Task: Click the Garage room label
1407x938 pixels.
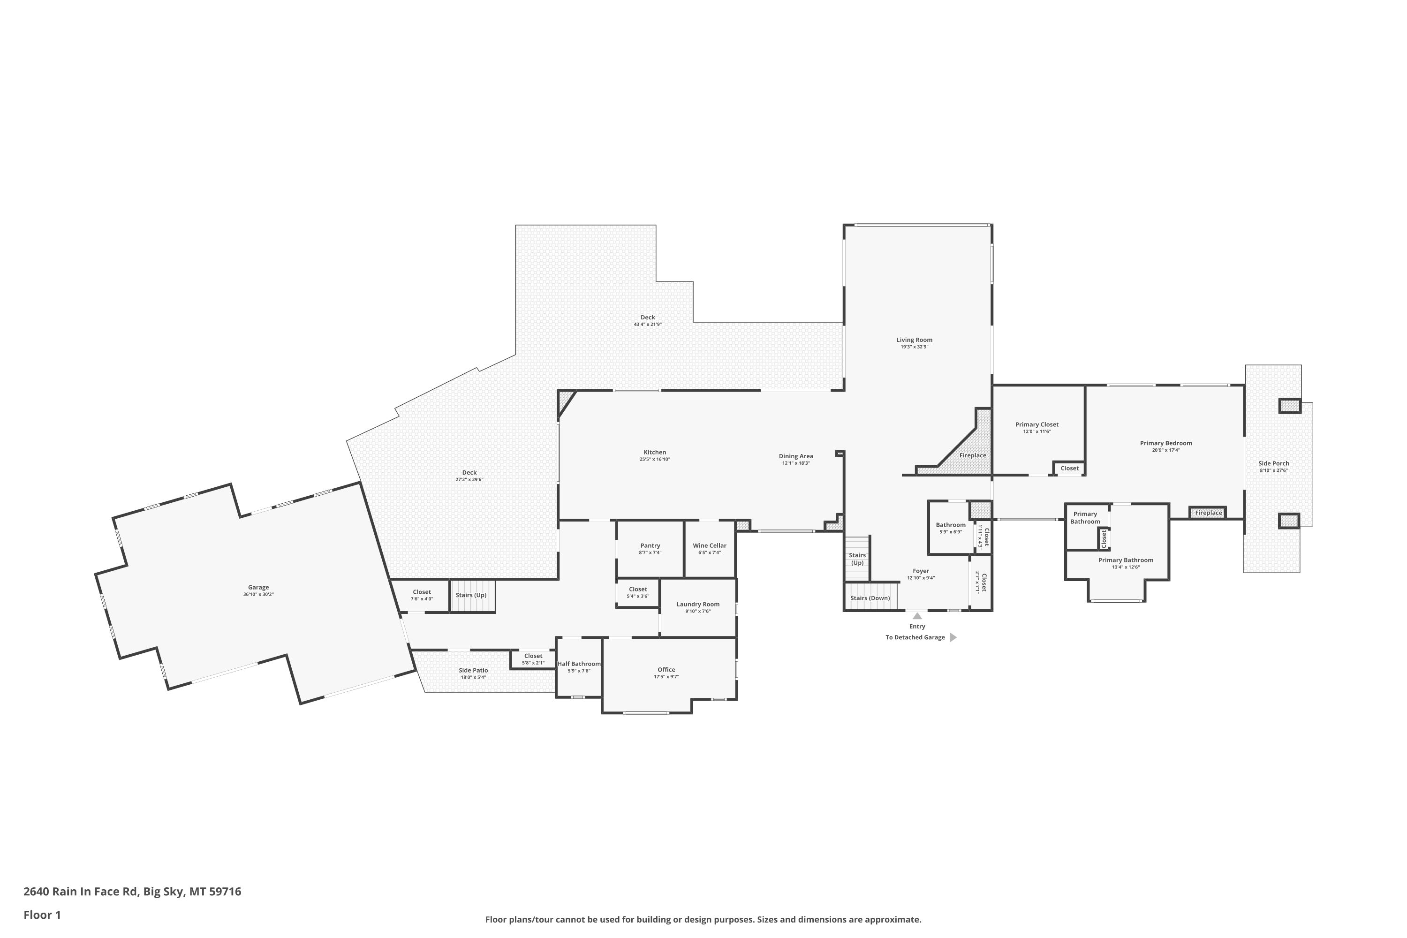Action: (258, 588)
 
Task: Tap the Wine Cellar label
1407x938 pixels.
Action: (710, 545)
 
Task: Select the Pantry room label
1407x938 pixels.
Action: (650, 545)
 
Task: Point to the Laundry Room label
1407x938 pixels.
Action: (698, 604)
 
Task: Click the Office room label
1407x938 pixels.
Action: (666, 670)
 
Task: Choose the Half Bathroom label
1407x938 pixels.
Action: (579, 664)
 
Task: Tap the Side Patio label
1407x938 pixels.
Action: (473, 671)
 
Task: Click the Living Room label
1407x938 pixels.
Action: (914, 340)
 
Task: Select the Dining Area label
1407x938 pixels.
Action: (795, 456)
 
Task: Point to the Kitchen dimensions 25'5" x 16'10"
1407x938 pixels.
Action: (654, 460)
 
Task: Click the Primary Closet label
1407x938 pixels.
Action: (1036, 425)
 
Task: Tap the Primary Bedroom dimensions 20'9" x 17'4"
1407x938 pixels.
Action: (1166, 450)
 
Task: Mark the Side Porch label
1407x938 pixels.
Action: (1274, 464)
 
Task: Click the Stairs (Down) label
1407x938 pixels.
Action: (870, 598)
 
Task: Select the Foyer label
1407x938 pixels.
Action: (921, 571)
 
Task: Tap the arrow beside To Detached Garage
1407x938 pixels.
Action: (953, 638)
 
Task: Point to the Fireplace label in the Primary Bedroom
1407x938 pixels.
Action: (1209, 513)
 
